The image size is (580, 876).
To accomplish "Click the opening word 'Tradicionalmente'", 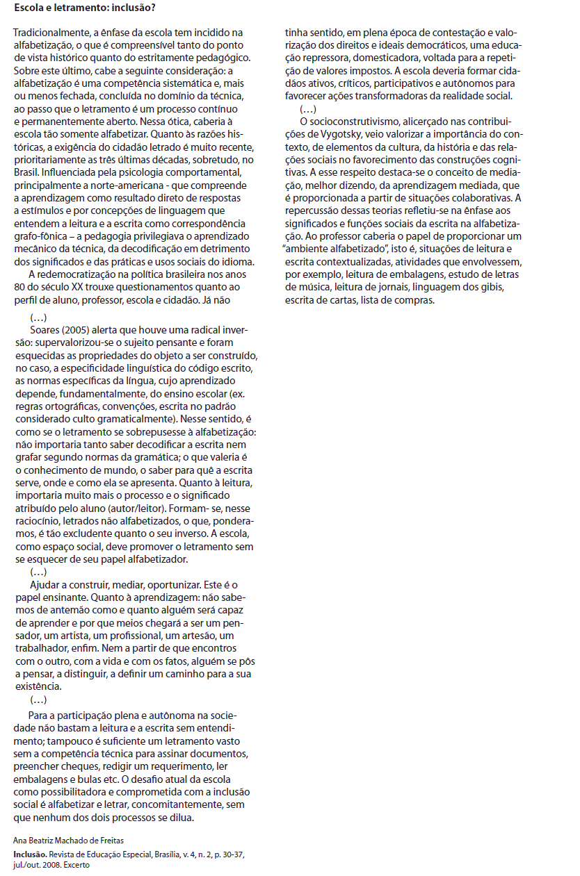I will (50, 33).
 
